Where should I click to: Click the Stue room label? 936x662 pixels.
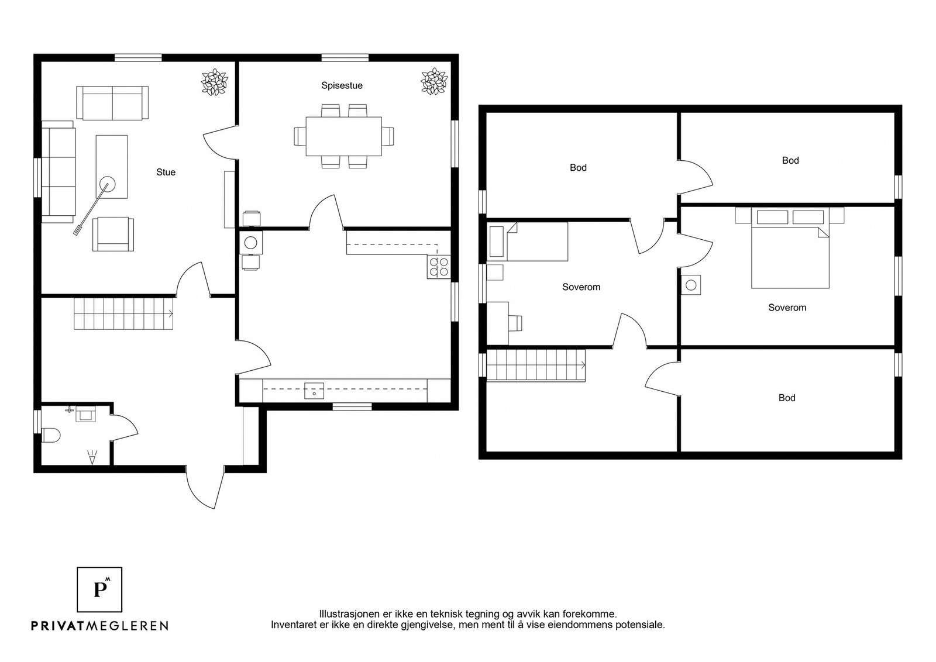pyautogui.click(x=166, y=172)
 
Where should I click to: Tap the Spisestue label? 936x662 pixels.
pyautogui.click(x=342, y=85)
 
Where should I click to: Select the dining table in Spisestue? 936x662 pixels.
pyautogui.click(x=343, y=136)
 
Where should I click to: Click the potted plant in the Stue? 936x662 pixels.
pyautogui.click(x=214, y=82)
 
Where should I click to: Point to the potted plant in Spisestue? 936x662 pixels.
pyautogui.click(x=434, y=81)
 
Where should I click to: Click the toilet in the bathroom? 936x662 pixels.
pyautogui.click(x=51, y=435)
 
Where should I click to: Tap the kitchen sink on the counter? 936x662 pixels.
pyautogui.click(x=314, y=391)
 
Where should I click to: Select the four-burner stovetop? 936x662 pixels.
pyautogui.click(x=439, y=267)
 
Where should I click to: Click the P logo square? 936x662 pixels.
pyautogui.click(x=99, y=589)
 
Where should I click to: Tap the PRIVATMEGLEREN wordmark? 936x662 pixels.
pyautogui.click(x=100, y=625)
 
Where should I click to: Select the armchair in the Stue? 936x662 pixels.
pyautogui.click(x=113, y=234)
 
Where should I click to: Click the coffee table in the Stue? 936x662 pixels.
pyautogui.click(x=112, y=167)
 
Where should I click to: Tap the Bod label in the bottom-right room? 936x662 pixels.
pyautogui.click(x=787, y=398)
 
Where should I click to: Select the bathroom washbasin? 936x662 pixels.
pyautogui.click(x=85, y=414)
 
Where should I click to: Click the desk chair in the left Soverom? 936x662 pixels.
pyautogui.click(x=515, y=323)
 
